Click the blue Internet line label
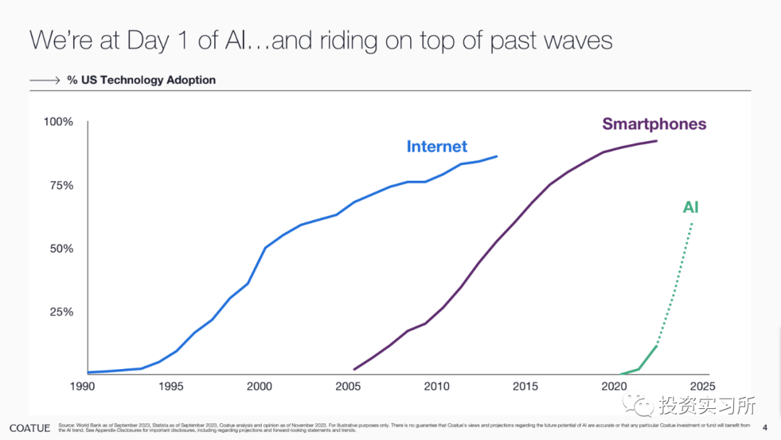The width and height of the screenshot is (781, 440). pyautogui.click(x=437, y=146)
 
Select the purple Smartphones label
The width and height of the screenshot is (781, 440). pyautogui.click(x=654, y=124)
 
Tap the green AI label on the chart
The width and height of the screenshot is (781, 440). pyautogui.click(x=691, y=208)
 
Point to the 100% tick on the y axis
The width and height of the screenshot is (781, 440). pyautogui.click(x=59, y=122)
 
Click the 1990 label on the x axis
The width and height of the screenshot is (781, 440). pyautogui.click(x=82, y=386)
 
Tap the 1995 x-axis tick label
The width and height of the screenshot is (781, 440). pyautogui.click(x=171, y=386)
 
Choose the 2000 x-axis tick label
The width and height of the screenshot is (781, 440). pyautogui.click(x=260, y=386)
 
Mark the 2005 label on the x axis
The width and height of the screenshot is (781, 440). pyautogui.click(x=348, y=386)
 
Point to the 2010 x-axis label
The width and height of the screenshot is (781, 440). pyautogui.click(x=436, y=386)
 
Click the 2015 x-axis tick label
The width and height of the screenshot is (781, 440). pyautogui.click(x=525, y=386)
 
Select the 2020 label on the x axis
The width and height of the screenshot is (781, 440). pyautogui.click(x=613, y=386)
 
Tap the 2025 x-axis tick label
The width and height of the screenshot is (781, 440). pyautogui.click(x=701, y=386)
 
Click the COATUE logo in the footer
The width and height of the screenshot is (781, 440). pyautogui.click(x=30, y=428)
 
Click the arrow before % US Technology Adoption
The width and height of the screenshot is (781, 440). pyautogui.click(x=44, y=80)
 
